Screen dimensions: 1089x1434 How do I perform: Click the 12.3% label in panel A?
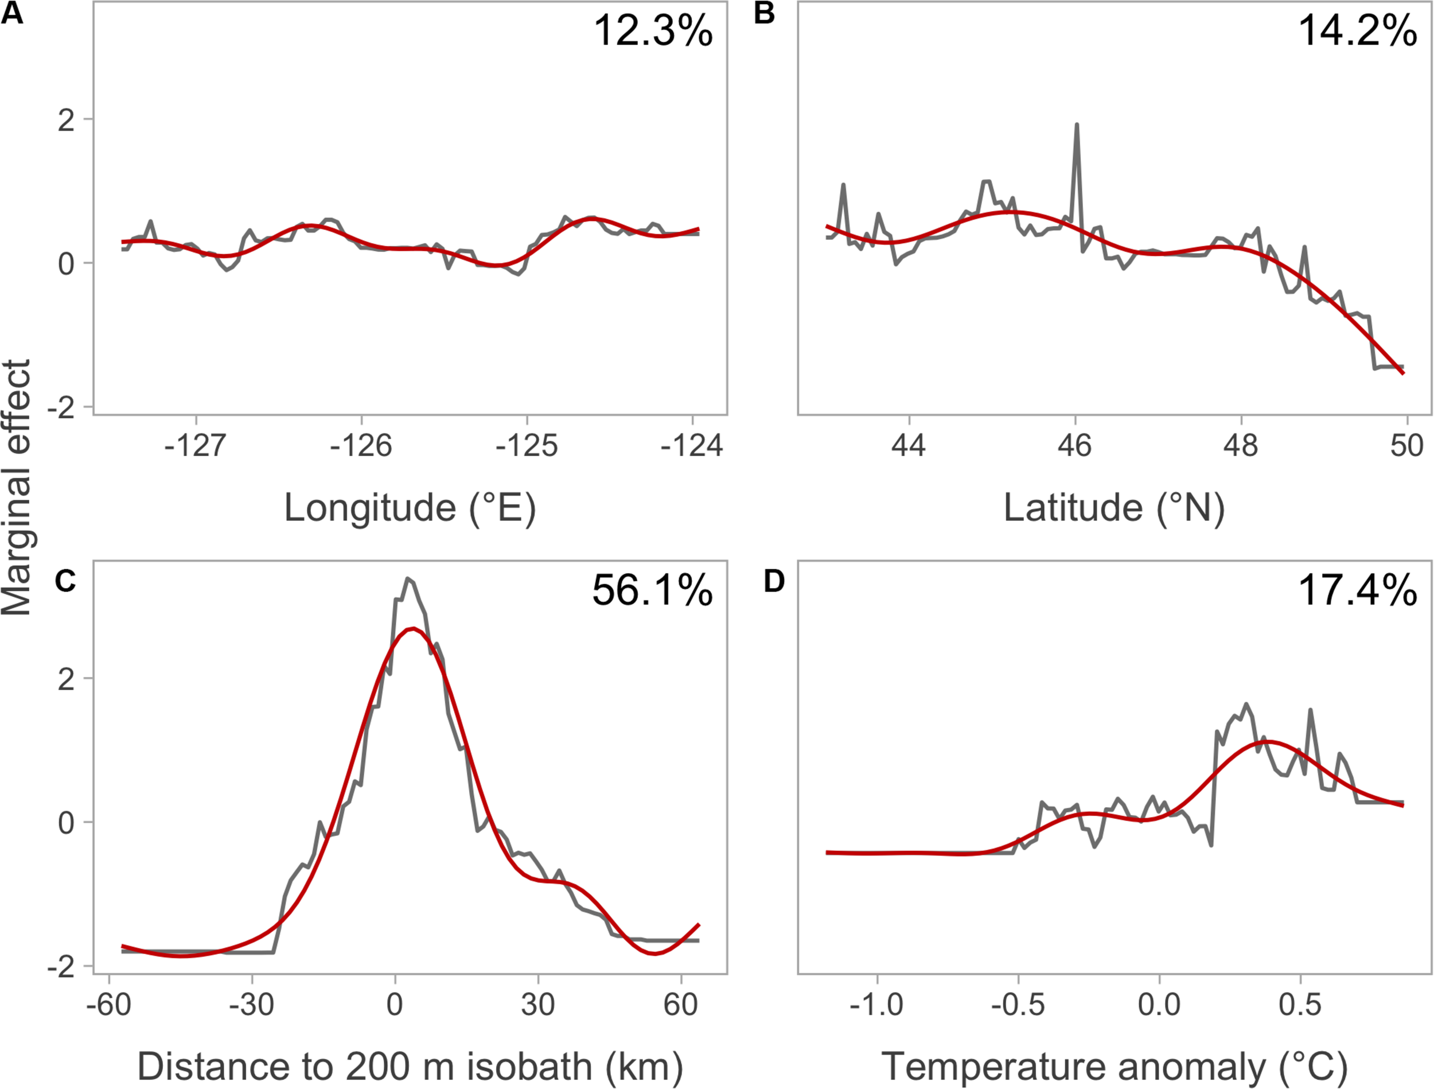(652, 30)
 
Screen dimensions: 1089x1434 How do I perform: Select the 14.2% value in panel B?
(1358, 30)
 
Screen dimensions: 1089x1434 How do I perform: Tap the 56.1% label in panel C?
(652, 591)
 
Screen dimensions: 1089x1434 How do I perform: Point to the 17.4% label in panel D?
(1358, 591)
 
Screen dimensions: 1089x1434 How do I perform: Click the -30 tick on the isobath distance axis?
(252, 1005)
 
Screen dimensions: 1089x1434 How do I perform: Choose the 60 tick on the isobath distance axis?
(681, 1005)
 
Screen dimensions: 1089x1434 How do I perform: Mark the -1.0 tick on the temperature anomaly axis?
(876, 1005)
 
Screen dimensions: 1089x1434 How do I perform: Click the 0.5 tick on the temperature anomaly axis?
(1300, 1005)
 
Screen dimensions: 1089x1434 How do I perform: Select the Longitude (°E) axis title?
(410, 508)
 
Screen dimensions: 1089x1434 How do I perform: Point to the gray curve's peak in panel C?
(407, 578)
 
